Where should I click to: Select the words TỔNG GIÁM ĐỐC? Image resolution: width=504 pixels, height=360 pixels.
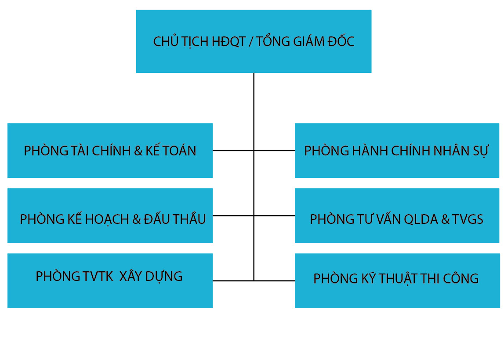click(x=305, y=42)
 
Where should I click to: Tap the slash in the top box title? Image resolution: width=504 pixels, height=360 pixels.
click(x=250, y=42)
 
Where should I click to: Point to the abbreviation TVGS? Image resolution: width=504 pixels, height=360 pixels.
click(x=468, y=219)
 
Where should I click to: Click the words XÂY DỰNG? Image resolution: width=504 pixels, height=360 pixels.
click(x=151, y=276)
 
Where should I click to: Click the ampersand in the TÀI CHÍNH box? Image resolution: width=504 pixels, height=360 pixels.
click(x=138, y=151)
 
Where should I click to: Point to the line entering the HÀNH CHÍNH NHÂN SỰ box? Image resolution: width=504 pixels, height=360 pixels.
click(x=275, y=151)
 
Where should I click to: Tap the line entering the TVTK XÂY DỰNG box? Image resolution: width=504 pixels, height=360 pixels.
click(x=233, y=281)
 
